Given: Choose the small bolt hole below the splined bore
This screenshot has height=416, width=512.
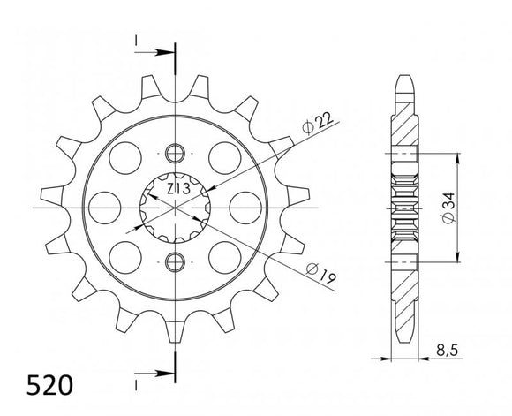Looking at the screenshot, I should [x=175, y=261].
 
